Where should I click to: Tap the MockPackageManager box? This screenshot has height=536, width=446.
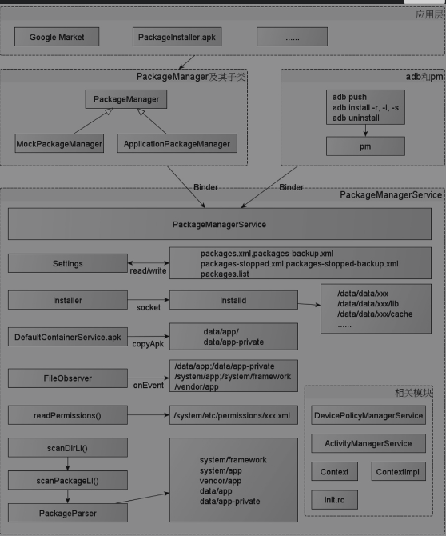[59, 144]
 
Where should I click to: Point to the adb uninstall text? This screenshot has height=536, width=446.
[356, 118]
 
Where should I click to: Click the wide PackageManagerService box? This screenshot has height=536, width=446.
[219, 225]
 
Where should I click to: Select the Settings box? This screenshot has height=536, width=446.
[67, 263]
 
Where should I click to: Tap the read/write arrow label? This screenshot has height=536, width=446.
[148, 271]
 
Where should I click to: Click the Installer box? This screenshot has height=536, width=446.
[67, 301]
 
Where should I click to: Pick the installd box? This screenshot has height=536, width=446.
[233, 301]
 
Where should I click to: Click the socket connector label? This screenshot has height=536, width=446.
[148, 307]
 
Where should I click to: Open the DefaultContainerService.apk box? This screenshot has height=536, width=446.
[67, 337]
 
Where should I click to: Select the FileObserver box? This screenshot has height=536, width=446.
[67, 378]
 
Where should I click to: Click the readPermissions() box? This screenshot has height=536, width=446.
[67, 416]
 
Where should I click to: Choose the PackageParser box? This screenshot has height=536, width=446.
[67, 511]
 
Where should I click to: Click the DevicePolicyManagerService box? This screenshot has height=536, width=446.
[368, 415]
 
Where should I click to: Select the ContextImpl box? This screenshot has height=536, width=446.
[398, 472]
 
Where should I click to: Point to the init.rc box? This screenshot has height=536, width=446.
[334, 501]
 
